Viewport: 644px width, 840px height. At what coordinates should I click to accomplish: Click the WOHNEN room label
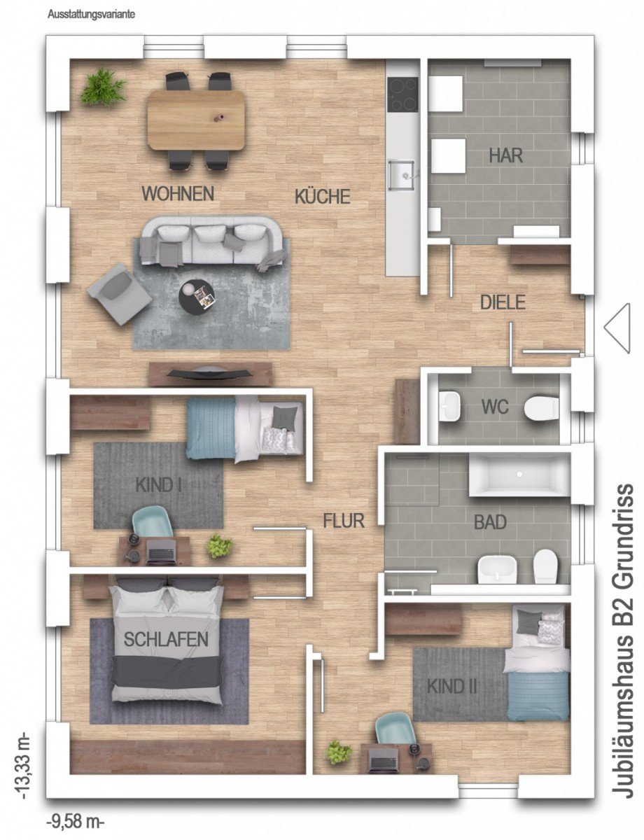coord(178,193)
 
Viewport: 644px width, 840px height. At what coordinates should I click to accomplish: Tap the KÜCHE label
coord(323,196)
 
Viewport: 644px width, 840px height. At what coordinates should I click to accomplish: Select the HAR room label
coord(505,155)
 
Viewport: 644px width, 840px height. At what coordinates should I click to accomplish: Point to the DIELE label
coord(503,302)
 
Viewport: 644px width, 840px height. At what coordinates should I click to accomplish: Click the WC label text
coord(495,406)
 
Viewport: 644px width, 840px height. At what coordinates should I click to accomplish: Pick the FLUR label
coord(344,521)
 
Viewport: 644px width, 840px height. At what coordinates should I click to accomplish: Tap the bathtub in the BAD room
coord(519,475)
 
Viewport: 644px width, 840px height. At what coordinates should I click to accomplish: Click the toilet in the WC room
coord(541,406)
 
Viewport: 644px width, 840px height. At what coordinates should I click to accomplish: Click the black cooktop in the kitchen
coord(403,94)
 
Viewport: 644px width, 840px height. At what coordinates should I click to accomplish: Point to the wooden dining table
coord(195,120)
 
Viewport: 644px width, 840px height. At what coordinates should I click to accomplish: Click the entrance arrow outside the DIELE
coord(617,328)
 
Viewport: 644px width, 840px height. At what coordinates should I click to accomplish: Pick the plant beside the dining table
coord(103,87)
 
